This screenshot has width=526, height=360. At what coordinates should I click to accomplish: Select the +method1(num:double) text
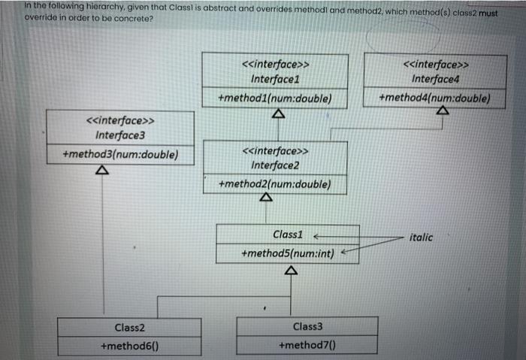[x=274, y=98]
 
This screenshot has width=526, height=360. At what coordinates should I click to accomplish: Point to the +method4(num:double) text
[x=435, y=98]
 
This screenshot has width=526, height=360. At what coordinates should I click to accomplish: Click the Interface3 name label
[x=120, y=135]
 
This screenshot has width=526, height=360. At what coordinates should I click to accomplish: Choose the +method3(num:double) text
[x=121, y=155]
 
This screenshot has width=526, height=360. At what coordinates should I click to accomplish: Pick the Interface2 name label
[x=275, y=165]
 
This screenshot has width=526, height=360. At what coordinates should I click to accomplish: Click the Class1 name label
[x=288, y=234]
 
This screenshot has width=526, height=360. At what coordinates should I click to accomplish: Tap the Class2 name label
[x=129, y=327]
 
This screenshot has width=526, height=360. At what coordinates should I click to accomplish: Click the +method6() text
[x=129, y=346]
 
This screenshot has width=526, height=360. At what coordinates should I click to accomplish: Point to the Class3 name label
[x=307, y=327]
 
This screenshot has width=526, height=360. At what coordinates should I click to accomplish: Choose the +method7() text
[x=307, y=346]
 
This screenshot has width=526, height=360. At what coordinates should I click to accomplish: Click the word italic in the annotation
[x=422, y=237]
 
